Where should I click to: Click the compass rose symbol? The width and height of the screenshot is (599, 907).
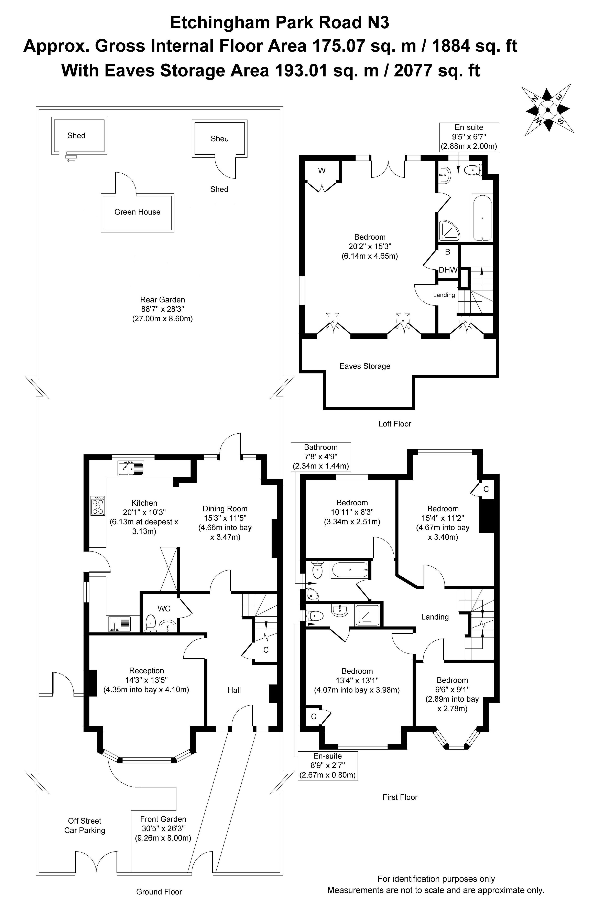548,110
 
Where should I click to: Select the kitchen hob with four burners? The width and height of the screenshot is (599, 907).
98,505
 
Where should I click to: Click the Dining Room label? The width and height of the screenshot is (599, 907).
225,508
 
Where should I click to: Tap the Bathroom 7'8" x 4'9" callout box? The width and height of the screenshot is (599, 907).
321,456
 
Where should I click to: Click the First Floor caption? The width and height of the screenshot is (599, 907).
400,797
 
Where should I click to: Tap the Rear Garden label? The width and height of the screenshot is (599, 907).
162,300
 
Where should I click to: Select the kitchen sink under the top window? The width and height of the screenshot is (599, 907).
131,468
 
